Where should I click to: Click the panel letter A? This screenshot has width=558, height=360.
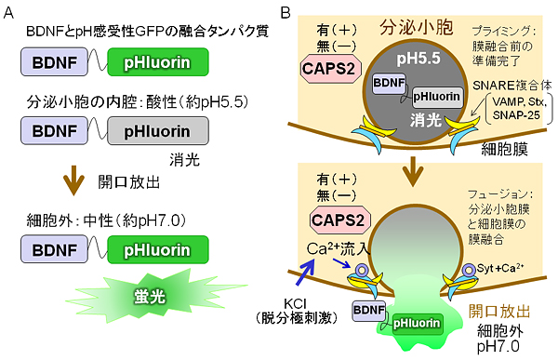coord(11,12)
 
